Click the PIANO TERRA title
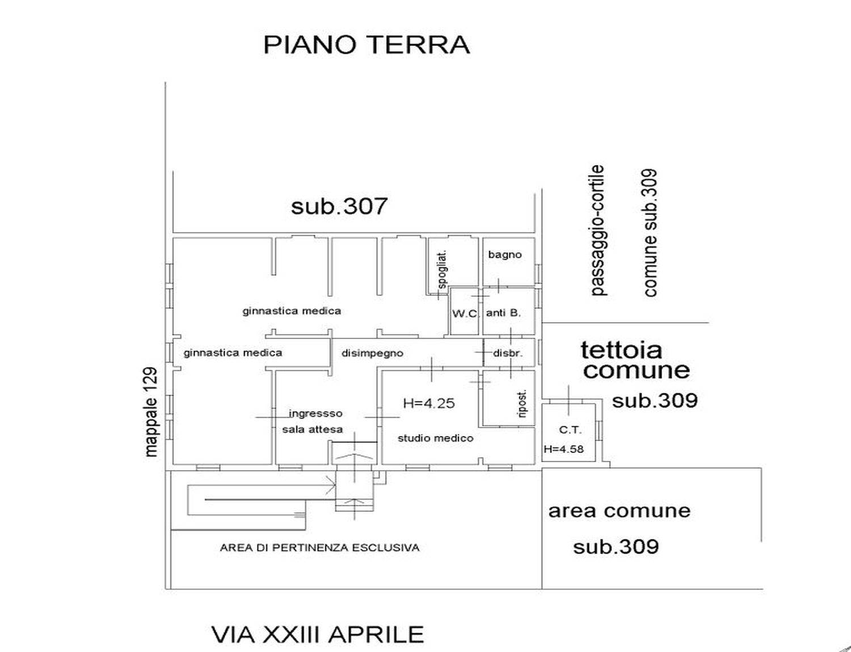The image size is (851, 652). pos(366,45)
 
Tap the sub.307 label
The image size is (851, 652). pos(339,206)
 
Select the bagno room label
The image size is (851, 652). pos(505,255)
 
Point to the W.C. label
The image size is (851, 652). pos(465,314)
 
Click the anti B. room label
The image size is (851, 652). pos(503,313)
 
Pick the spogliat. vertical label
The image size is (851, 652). pos(443,270)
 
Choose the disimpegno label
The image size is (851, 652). pos(372,353)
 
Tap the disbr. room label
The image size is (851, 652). pos(508,353)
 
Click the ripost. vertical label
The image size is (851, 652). pos(522,404)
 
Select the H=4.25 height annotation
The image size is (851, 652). pos(429,403)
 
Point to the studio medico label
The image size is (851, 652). pos(436,438)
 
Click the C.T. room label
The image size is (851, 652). pos(570,430)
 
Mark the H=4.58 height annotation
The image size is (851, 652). pos(563,449)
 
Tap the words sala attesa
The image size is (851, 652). pos(313,429)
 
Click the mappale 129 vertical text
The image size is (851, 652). pos(150,412)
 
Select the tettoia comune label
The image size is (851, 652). pos(635,360)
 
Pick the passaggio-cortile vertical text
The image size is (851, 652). pos(597,231)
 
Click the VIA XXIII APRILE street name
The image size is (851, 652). pos(318,634)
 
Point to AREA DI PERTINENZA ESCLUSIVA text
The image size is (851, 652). pos(319,548)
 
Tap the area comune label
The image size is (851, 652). pos(619,511)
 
